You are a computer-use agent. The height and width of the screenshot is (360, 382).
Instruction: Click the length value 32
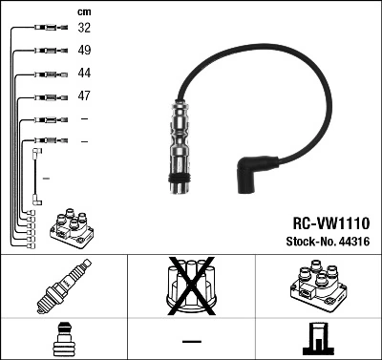coord(85,29)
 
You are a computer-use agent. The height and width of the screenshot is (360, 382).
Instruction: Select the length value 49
coord(85,51)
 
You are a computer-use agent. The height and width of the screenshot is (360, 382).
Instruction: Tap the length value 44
coord(85,74)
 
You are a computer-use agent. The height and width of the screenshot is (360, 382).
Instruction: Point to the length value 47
coord(85,96)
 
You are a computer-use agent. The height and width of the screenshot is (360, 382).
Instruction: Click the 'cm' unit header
coord(84,11)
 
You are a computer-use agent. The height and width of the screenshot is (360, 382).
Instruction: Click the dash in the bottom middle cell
coord(191,341)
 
